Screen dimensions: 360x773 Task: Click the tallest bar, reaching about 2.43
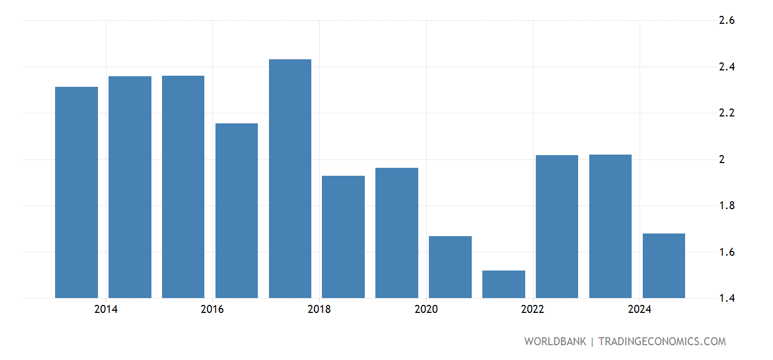coord(290,178)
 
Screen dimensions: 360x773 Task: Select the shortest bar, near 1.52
coord(504,284)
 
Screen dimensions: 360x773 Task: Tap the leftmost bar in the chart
coord(76,192)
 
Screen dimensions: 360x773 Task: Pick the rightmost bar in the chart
coord(663,266)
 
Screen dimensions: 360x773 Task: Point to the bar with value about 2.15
coord(236,211)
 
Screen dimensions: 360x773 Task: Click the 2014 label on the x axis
coord(106,310)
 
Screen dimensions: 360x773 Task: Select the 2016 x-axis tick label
coord(212,310)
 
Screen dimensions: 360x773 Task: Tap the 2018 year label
coord(319,310)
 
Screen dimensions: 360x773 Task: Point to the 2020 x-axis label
coord(426,310)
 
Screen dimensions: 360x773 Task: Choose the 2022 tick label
coord(533,310)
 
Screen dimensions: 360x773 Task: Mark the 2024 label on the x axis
coord(640,310)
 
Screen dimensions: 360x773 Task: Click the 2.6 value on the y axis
coord(726,21)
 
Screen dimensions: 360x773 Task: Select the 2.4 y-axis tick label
coord(726,67)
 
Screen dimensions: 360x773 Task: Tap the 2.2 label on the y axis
coord(726,113)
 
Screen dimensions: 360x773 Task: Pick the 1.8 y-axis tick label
coord(726,206)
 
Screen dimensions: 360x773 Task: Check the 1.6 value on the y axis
coord(726,252)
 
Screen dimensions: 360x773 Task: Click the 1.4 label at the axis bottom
coord(726,299)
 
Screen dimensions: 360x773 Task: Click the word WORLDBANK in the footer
coord(555,341)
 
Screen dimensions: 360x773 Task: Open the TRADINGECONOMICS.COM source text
coord(662,341)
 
